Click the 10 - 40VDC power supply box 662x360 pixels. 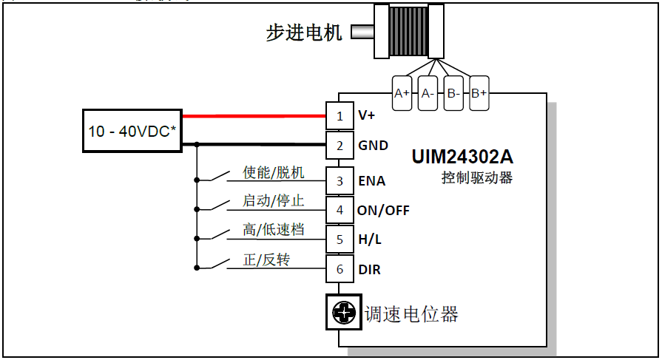click(x=132, y=132)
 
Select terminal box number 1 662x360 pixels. click(x=340, y=116)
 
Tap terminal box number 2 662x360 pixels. click(x=340, y=146)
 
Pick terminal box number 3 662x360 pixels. click(x=340, y=180)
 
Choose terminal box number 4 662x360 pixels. click(x=340, y=210)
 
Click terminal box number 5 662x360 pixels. click(x=340, y=240)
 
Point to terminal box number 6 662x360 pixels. click(x=340, y=269)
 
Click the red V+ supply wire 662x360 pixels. click(x=254, y=116)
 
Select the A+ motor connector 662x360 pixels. click(x=402, y=93)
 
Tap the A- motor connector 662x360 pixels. click(x=428, y=93)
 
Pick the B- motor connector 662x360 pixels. click(x=453, y=93)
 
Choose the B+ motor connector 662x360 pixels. click(x=479, y=93)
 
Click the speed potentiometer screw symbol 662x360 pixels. click(x=342, y=313)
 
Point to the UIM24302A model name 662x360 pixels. click(x=462, y=157)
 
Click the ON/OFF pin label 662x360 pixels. click(x=383, y=210)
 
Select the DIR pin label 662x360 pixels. click(x=369, y=270)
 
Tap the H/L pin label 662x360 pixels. click(x=371, y=240)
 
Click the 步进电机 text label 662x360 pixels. click(x=304, y=33)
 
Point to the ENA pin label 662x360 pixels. click(x=371, y=180)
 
